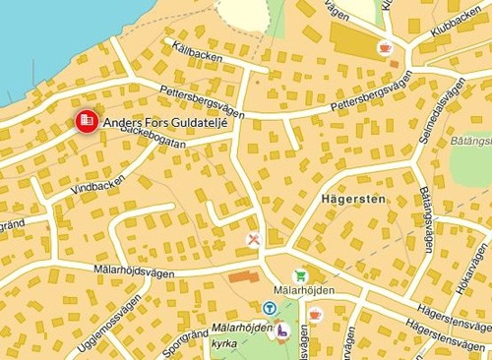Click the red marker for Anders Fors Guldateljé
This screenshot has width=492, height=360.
87,120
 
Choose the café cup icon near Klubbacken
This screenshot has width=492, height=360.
384,46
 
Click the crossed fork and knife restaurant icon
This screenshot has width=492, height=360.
253,239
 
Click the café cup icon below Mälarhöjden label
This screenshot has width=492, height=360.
315,314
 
